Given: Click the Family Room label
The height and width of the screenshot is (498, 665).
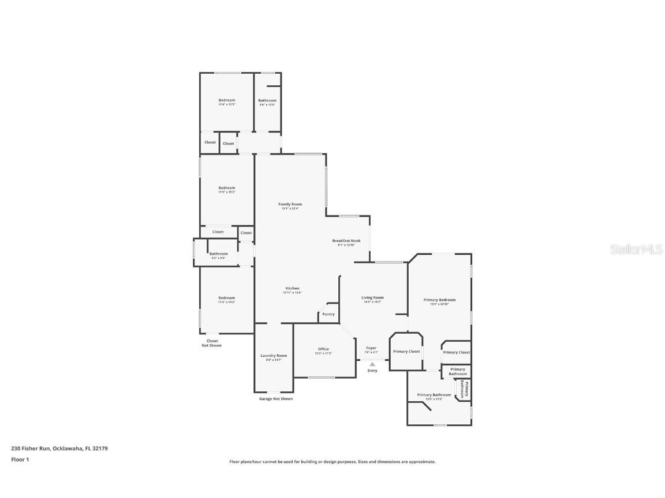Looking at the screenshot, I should tap(290, 205).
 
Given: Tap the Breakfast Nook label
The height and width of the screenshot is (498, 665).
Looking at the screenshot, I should tap(346, 241).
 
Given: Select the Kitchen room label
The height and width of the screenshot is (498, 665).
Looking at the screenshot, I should tap(292, 289).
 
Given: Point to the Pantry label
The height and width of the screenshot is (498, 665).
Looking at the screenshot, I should tap(328, 314).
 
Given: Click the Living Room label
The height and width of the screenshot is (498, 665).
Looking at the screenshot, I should tap(372, 298).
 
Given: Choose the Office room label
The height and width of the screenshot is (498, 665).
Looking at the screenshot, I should tap(323, 349).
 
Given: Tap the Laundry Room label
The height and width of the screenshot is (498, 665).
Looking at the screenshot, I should tap(274, 356).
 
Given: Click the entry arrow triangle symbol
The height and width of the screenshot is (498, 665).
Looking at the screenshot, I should tap(372, 364).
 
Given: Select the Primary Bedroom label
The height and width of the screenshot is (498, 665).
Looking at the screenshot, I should tap(439, 300).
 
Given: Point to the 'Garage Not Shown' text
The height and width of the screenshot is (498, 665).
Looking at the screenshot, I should tap(275, 399).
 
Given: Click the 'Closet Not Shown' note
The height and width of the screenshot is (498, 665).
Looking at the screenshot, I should tap(211, 343).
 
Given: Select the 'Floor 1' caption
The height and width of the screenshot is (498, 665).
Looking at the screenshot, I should tap(20, 459).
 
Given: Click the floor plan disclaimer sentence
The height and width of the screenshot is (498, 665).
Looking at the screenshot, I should tap(332, 462).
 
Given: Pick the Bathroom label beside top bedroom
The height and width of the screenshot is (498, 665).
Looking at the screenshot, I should tap(267, 101).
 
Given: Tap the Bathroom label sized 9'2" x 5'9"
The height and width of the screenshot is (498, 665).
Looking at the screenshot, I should tap(218, 254).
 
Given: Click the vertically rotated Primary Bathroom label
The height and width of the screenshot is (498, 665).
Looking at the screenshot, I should tap(465, 390).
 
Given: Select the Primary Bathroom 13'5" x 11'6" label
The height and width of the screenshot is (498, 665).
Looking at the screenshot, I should tap(434, 395).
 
